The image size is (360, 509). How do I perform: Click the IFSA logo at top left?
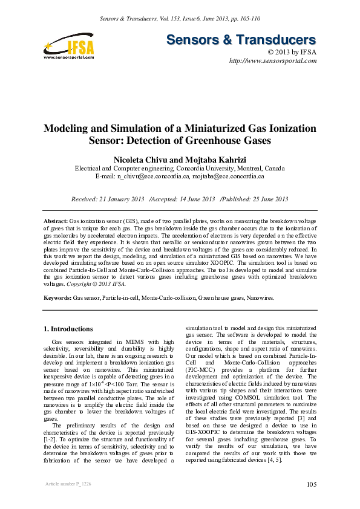[x=69, y=46]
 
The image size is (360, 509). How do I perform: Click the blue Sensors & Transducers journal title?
[x=241, y=41]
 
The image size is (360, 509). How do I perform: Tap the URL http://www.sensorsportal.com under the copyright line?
[x=273, y=62]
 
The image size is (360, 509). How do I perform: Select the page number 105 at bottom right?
[x=312, y=484]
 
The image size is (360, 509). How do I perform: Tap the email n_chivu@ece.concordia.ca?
[x=153, y=177]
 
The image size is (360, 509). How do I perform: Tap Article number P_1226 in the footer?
[x=64, y=485]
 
